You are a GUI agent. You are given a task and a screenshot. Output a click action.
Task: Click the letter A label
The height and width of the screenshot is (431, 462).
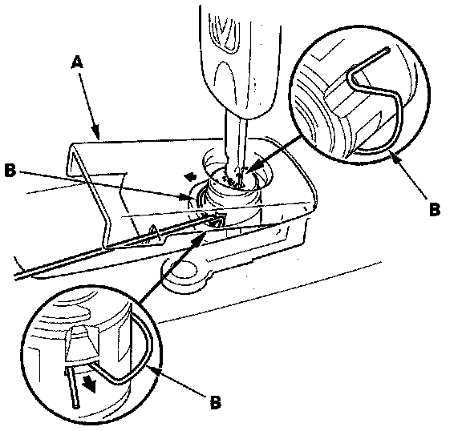(x=77, y=62)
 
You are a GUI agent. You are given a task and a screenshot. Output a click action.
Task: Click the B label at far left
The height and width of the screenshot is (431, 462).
(x=10, y=171)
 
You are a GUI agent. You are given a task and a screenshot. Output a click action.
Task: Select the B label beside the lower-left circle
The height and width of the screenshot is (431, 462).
(x=216, y=401)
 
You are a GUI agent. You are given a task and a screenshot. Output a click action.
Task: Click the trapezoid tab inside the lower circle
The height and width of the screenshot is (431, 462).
(x=81, y=344)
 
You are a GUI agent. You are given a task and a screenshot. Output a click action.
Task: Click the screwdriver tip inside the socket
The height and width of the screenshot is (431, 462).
(x=239, y=176)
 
